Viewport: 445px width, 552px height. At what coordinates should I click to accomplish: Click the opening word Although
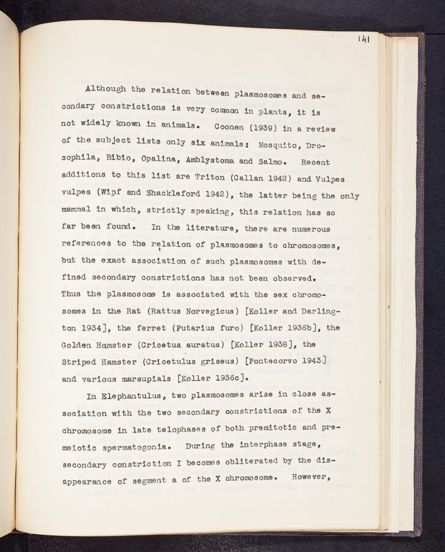(x=108, y=89)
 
